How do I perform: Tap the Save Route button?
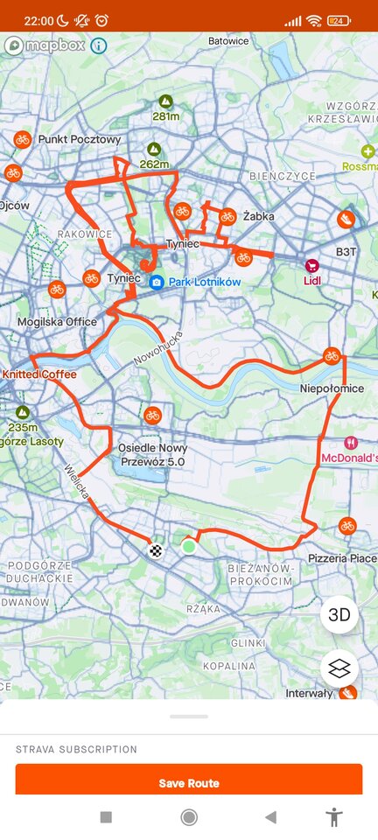coord(188,782)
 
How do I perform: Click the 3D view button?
coord(339,615)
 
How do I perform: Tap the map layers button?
coord(339,668)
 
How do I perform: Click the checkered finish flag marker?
coord(156,550)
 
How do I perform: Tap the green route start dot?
coord(188,546)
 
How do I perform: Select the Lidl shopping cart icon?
coord(311,266)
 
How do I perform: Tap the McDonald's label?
coord(348,458)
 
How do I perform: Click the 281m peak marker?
coord(165,102)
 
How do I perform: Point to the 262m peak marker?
coord(154,150)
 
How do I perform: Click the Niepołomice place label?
coord(332,388)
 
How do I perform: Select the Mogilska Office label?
coord(57,322)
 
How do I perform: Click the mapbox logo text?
coord(55,45)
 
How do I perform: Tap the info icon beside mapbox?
coord(98,45)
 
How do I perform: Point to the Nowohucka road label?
coord(158,347)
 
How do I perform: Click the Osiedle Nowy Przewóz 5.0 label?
coord(152,454)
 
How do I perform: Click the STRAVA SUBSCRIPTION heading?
coord(76,749)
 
